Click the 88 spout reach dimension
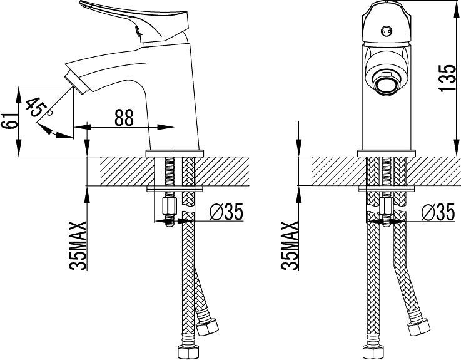(x=124, y=118)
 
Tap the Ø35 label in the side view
(x=224, y=213)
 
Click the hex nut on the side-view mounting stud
(x=169, y=206)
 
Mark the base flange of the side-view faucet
(x=175, y=153)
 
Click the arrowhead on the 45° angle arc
(x=44, y=129)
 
